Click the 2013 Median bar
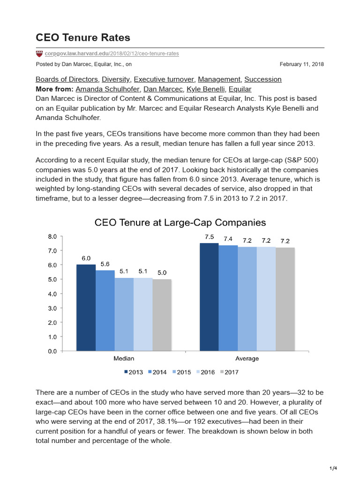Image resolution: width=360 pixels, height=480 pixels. (x=86, y=307)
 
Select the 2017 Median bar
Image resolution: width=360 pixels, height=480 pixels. (x=162, y=315)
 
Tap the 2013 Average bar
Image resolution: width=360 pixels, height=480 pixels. (x=209, y=297)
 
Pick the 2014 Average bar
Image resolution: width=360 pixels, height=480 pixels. (x=228, y=298)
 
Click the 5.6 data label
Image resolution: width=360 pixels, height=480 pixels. (x=105, y=264)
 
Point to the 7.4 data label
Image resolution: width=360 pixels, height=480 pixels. (x=228, y=239)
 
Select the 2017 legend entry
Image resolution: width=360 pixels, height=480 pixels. (x=229, y=372)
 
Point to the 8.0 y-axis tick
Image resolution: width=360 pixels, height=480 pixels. (x=52, y=237)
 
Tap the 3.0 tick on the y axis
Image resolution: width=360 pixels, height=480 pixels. (x=52, y=308)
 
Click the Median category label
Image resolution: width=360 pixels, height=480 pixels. (x=124, y=359)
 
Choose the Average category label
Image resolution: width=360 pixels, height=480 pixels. (x=247, y=359)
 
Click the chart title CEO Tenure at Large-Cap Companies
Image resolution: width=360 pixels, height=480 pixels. (x=180, y=222)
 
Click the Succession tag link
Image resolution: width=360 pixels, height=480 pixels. (x=263, y=79)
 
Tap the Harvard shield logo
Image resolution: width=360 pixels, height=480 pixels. (x=39, y=54)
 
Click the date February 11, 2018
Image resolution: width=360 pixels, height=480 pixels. (x=301, y=64)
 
